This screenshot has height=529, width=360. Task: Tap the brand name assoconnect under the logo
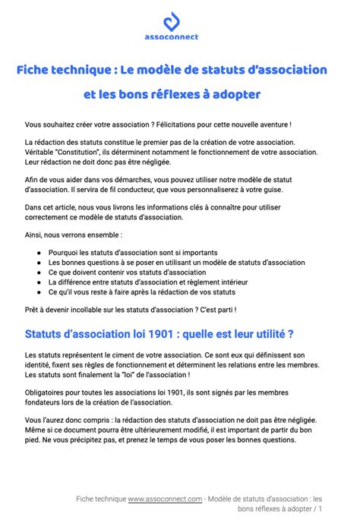click(180, 36)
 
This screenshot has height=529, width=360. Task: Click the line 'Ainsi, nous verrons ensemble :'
click(73, 235)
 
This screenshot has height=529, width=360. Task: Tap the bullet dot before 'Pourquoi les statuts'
click(38, 253)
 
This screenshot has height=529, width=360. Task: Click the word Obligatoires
click(47, 392)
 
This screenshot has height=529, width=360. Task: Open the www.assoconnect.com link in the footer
click(165, 499)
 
